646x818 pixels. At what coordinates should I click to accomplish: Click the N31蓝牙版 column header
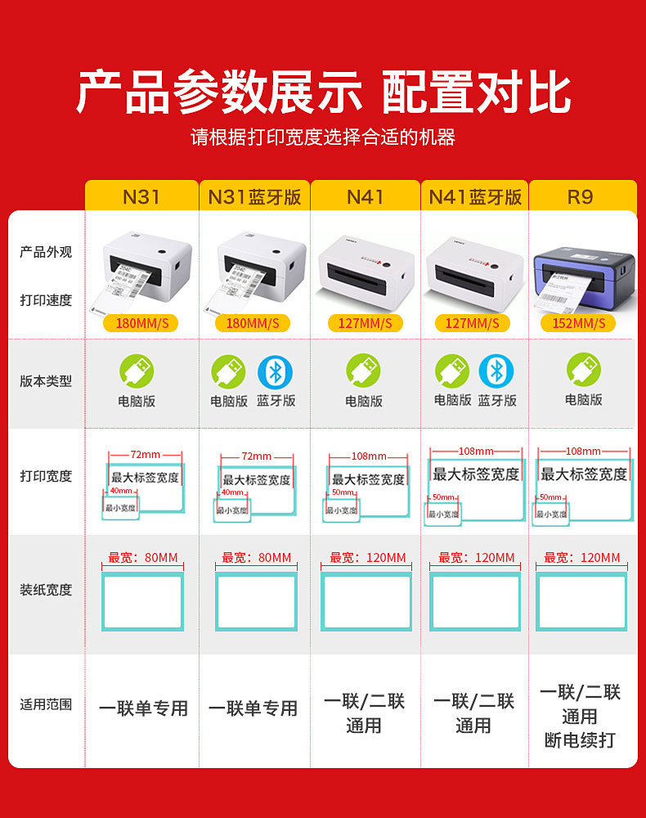click(x=254, y=197)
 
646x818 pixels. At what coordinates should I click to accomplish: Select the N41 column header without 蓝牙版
click(x=365, y=197)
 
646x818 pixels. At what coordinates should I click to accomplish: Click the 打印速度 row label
click(x=46, y=300)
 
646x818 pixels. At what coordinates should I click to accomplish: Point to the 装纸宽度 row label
click(x=46, y=590)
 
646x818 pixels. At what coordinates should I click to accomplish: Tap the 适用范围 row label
click(x=46, y=703)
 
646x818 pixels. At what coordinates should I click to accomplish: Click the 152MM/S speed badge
click(x=578, y=323)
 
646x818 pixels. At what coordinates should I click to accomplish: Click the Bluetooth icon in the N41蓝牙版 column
click(x=496, y=371)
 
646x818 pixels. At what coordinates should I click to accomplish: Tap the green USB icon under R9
click(x=583, y=370)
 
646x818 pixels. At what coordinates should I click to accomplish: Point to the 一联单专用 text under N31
click(x=143, y=708)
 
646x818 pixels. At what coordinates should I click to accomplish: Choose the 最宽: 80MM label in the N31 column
click(x=143, y=558)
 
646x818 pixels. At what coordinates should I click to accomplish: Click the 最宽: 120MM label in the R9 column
click(x=582, y=558)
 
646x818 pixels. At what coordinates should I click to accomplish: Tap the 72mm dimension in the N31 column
click(x=146, y=453)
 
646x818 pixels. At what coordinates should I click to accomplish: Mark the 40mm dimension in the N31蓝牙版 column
click(x=232, y=492)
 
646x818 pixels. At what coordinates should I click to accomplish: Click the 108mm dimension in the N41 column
click(x=368, y=456)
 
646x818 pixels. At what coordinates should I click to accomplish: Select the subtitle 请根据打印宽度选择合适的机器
click(x=323, y=137)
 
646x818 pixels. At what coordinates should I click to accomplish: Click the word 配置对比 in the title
click(x=476, y=92)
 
